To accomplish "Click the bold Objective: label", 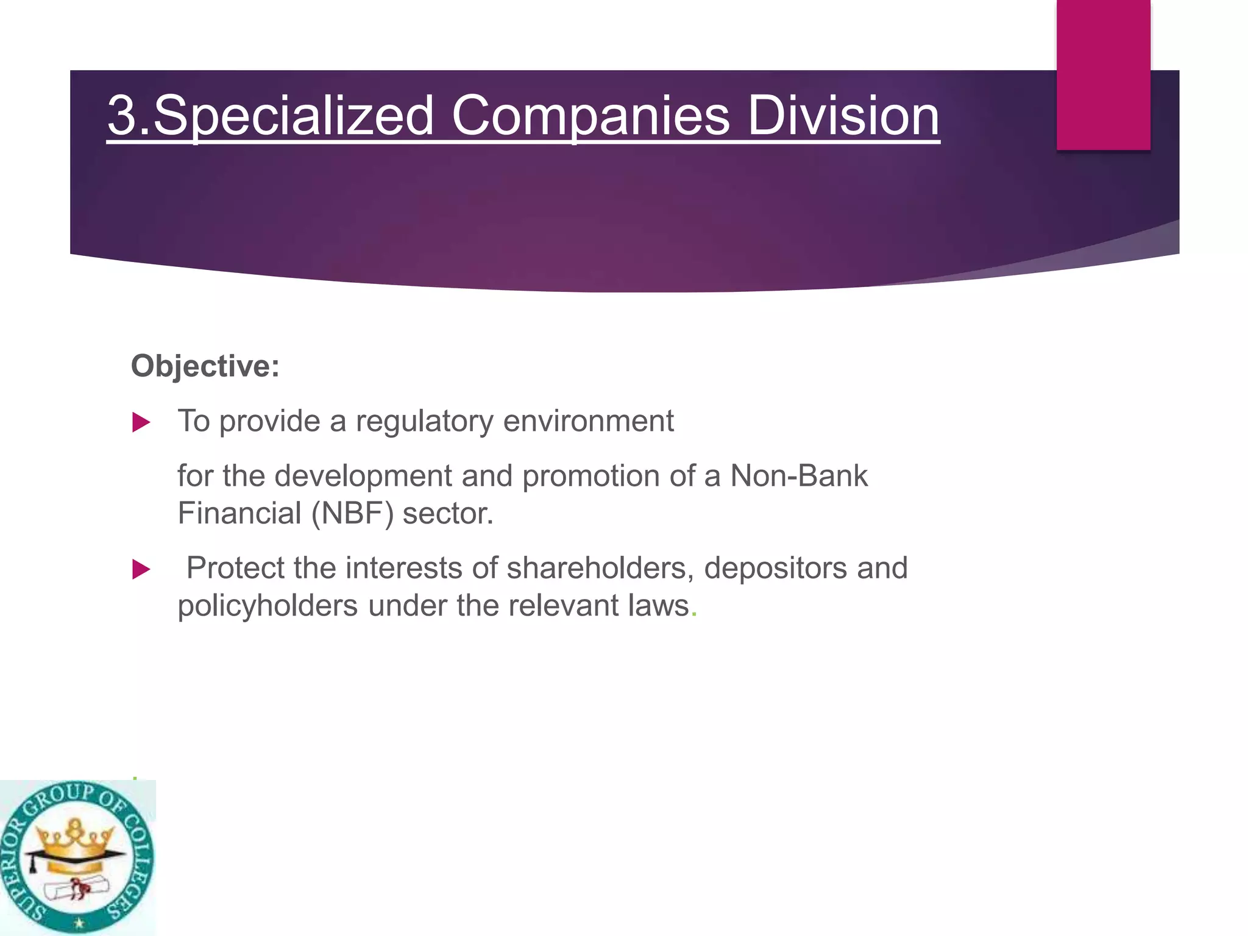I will coord(205,366).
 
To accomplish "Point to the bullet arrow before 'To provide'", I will coord(141,422).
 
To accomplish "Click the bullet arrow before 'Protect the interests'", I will coord(141,569).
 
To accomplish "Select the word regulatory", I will coord(424,422).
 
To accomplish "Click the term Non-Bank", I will coord(799,476).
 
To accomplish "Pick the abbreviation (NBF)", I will coord(352,513).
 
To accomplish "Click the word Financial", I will coord(239,513).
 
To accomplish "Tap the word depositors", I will coord(775,568).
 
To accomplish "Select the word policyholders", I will coord(268,606).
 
